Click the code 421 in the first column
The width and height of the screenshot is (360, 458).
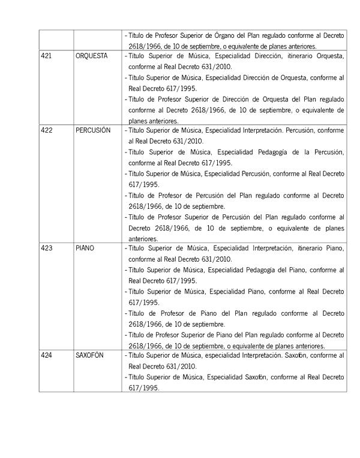click(46, 56)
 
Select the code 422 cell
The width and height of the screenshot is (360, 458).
click(46, 130)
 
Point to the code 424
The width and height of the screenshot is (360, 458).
click(46, 356)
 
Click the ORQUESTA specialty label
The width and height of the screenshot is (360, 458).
click(92, 56)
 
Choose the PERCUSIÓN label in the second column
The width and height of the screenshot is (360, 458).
click(94, 130)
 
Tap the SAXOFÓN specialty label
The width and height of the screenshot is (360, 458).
click(90, 356)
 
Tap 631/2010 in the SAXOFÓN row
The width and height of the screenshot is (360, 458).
click(182, 366)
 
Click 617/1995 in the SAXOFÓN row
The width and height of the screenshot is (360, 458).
click(143, 388)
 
